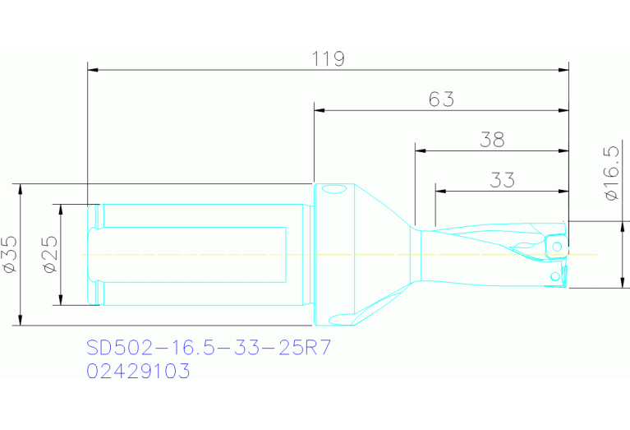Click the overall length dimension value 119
coord(328,59)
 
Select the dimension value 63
coord(441,99)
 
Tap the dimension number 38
coord(491,139)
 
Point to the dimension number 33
coord(501,179)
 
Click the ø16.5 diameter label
coord(610,173)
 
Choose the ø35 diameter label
coord(10,254)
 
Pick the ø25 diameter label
coord(48,254)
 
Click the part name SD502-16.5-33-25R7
coord(209,348)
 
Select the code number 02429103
coord(138,372)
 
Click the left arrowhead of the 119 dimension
coord(92,71)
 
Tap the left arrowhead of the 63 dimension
coord(319,110)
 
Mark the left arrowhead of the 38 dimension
coord(420,150)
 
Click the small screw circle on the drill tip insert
coord(557,247)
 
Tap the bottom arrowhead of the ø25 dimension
coord(60,300)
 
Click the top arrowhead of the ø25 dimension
coord(60,209)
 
